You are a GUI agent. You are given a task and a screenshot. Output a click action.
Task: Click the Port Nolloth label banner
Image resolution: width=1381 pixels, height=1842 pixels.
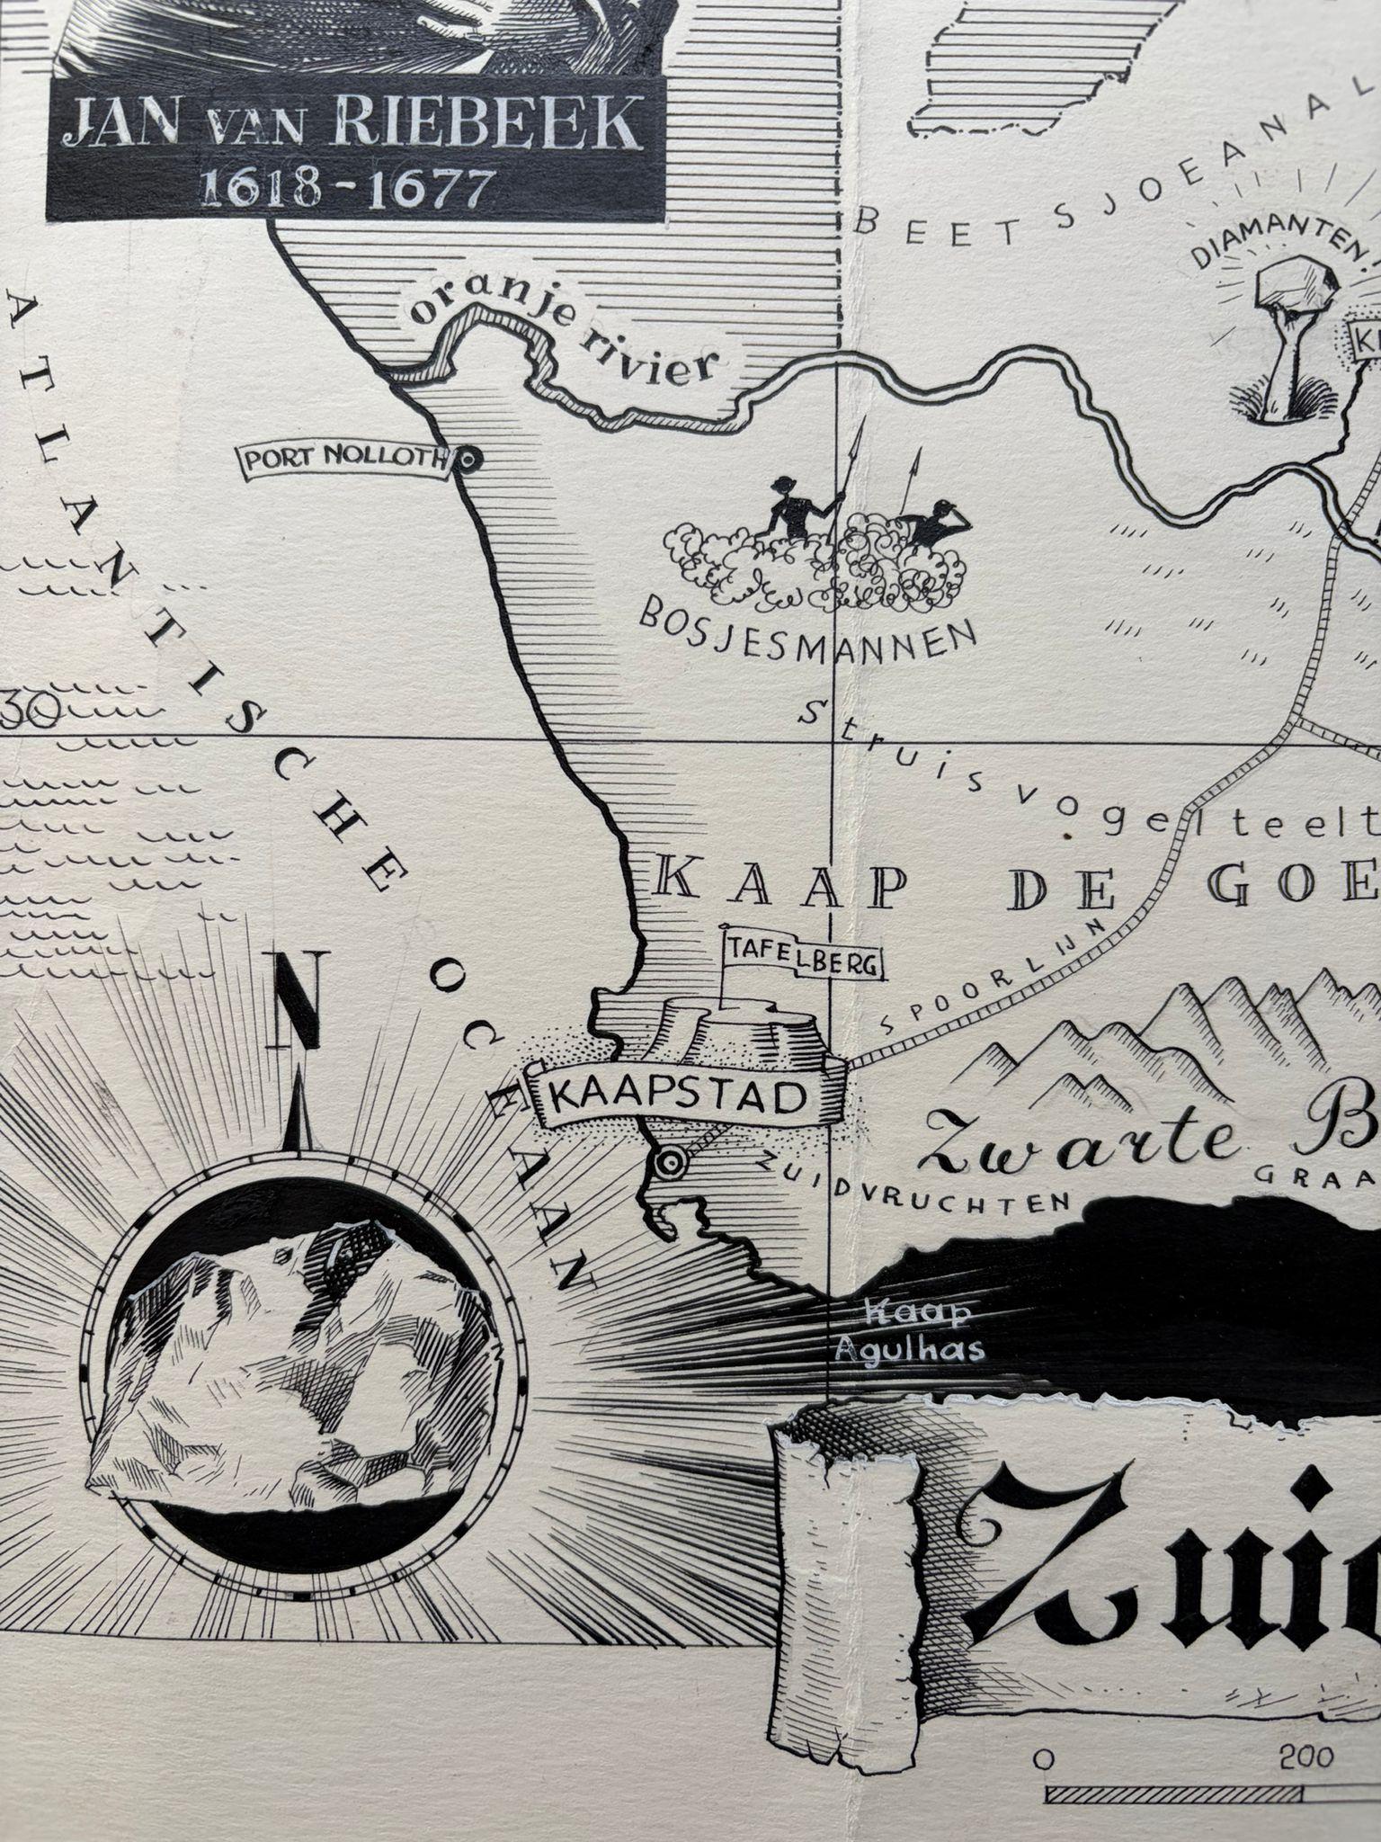(x=343, y=460)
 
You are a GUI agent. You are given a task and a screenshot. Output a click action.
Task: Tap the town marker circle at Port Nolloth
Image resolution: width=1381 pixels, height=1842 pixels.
(x=467, y=460)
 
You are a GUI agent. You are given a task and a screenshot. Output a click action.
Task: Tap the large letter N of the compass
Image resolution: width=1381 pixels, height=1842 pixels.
(x=298, y=998)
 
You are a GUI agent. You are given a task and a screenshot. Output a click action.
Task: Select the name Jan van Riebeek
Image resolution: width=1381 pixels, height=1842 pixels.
(x=354, y=126)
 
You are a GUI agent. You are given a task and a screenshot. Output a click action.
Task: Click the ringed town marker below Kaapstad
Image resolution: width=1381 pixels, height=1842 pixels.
(x=668, y=1164)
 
